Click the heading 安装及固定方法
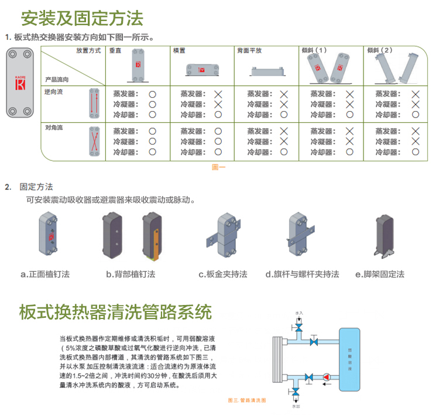tap(82, 18)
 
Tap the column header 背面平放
tap(250, 51)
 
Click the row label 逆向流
tap(53, 92)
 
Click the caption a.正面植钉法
tap(45, 274)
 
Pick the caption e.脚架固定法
tap(380, 274)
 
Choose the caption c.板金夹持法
tap(222, 274)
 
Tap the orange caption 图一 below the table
tap(218, 167)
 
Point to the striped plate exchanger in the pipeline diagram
tap(277, 359)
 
